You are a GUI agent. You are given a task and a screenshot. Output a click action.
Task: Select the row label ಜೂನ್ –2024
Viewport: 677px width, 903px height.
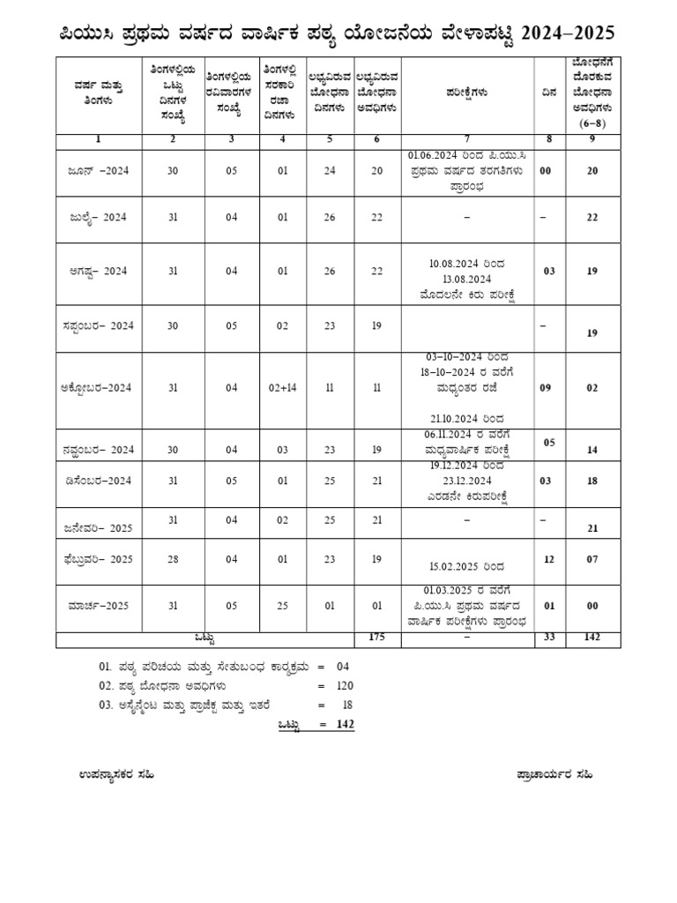pyautogui.click(x=98, y=172)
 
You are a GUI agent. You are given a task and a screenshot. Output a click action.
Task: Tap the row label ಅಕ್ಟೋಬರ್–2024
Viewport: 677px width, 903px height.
pyautogui.click(x=98, y=388)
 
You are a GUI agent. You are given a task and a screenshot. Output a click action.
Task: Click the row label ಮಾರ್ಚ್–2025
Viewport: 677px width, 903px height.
pyautogui.click(x=98, y=607)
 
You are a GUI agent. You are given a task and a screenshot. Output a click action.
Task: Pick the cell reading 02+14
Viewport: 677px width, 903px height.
pyautogui.click(x=282, y=388)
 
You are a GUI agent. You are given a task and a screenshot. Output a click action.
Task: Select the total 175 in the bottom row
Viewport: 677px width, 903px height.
pyautogui.click(x=377, y=638)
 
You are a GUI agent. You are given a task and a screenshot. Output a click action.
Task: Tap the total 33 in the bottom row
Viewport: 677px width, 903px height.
pyautogui.click(x=549, y=638)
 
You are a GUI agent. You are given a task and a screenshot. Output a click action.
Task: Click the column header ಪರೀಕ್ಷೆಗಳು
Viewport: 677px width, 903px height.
pyautogui.click(x=467, y=91)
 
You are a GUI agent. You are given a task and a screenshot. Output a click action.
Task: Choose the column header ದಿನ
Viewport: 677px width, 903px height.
pyautogui.click(x=549, y=91)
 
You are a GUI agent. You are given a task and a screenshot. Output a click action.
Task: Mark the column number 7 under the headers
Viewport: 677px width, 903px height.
pyautogui.click(x=467, y=138)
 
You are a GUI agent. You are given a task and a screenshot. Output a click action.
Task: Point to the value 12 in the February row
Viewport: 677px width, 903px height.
pyautogui.click(x=549, y=559)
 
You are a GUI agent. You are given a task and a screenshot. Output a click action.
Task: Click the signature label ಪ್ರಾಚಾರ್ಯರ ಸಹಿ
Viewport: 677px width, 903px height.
pyautogui.click(x=554, y=773)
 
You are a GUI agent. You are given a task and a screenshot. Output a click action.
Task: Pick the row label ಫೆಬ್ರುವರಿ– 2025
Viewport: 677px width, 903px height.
pyautogui.click(x=98, y=559)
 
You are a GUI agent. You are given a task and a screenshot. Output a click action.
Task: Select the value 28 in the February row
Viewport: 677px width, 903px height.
pyautogui.click(x=173, y=559)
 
